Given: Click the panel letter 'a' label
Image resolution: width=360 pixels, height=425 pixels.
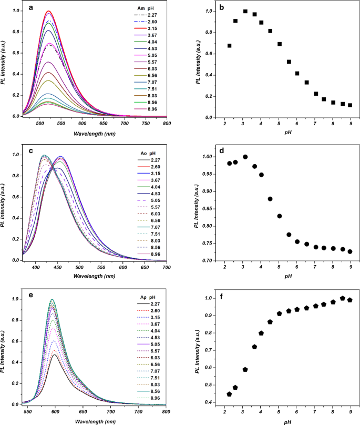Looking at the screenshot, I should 33,8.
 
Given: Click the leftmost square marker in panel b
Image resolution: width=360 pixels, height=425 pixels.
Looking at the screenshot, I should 229,46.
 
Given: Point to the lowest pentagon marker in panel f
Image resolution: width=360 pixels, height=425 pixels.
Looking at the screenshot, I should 229,394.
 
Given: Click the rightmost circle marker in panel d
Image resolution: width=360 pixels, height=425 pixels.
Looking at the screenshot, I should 350,251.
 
